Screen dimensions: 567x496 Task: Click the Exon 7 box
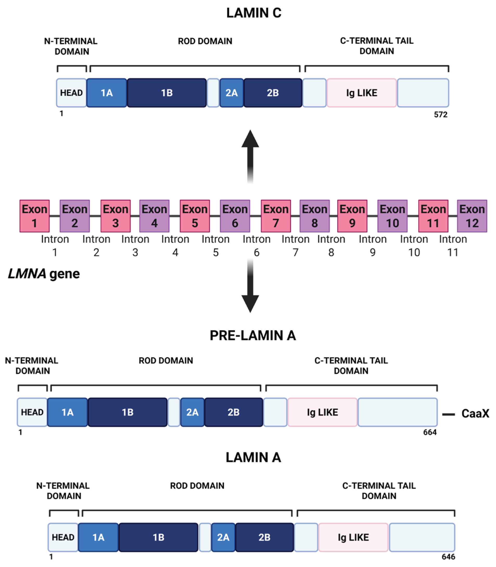276,216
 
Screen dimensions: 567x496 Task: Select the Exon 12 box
472,216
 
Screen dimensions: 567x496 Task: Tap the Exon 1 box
35,216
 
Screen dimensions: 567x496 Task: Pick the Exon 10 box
392,216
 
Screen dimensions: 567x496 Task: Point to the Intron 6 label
256,246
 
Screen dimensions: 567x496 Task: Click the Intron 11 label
453,246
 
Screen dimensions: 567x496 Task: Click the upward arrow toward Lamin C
250,155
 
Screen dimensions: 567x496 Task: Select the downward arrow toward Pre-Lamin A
250,288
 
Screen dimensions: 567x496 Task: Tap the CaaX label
475,414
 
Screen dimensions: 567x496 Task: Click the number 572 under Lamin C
440,114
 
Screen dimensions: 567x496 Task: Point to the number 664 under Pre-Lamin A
430,432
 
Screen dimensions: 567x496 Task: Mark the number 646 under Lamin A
448,557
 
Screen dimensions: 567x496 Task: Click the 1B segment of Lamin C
167,93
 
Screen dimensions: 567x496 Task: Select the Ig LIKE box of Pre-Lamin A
322,412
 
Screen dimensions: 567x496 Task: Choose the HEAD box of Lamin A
63,537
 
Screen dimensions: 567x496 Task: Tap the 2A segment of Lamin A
223,537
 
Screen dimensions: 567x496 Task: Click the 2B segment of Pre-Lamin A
233,412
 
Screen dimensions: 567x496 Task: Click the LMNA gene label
44,274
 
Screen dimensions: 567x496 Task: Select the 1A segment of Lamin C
107,93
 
